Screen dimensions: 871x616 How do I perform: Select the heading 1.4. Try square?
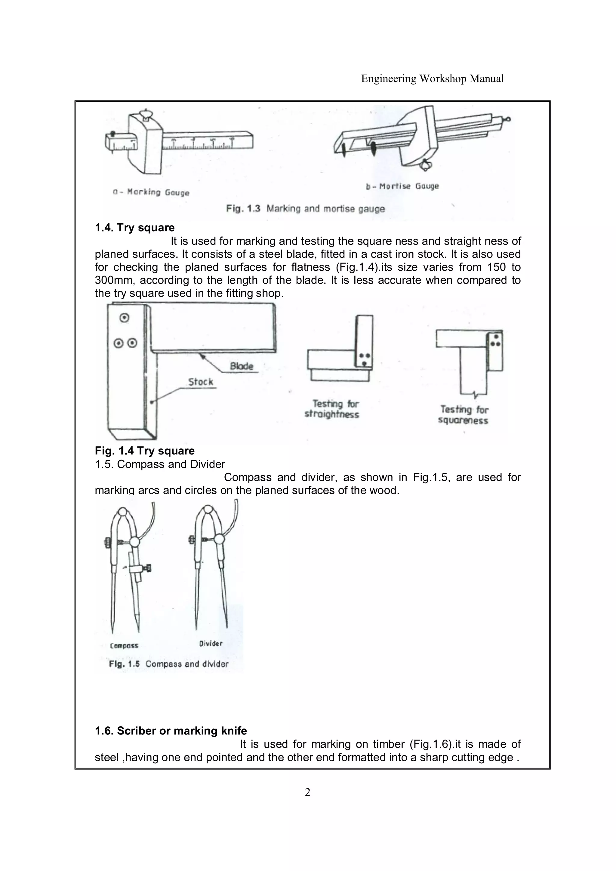[x=135, y=228]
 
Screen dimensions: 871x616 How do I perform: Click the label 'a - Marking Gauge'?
[x=151, y=192]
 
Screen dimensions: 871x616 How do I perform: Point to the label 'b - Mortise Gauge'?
[x=402, y=186]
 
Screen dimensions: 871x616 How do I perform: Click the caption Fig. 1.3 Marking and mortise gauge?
[x=305, y=209]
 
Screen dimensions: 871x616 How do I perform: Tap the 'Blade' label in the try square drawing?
[x=241, y=366]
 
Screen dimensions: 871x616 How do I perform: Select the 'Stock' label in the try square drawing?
[x=201, y=382]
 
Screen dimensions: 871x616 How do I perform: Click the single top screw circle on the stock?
[x=124, y=318]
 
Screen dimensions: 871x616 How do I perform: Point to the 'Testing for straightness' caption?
[x=332, y=409]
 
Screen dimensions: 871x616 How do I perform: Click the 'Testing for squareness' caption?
[x=464, y=415]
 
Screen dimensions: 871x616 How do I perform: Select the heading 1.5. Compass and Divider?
[x=160, y=464]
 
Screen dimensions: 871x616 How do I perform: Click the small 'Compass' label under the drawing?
[x=124, y=646]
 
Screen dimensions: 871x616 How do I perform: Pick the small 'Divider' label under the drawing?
[x=211, y=643]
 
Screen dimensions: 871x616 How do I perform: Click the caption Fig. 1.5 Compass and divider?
[x=168, y=664]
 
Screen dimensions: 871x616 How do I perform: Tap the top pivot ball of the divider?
[x=208, y=509]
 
